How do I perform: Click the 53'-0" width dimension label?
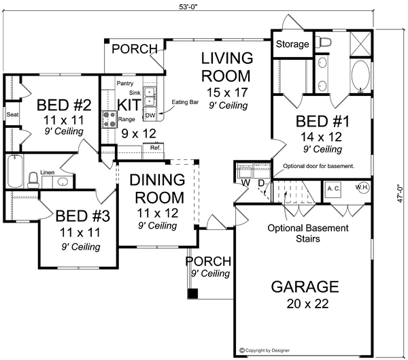point(188,7)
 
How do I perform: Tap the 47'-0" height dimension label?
point(400,193)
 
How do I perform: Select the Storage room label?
point(292,44)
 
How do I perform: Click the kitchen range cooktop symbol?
point(109,119)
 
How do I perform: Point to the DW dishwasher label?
point(150,115)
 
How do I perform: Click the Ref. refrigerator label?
point(156,148)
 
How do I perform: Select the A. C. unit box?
point(334,189)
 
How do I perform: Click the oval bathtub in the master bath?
point(360,76)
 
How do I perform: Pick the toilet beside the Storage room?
point(323,42)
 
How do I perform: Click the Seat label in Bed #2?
point(12,114)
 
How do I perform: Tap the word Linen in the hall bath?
point(48,172)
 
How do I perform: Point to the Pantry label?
point(125,83)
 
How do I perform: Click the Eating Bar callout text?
point(185,102)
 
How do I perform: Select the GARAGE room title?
point(305,287)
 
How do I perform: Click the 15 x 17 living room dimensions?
point(227,93)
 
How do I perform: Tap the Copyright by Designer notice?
point(265,350)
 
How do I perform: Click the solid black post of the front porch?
point(193,293)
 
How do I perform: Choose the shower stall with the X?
point(360,44)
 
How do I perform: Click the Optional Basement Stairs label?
point(308,233)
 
